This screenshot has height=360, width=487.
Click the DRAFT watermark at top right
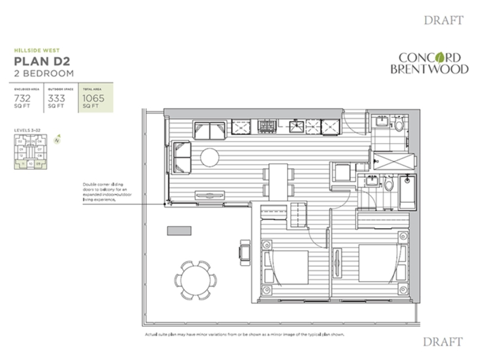[x=443, y=21]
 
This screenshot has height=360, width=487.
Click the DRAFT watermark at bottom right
[x=443, y=342]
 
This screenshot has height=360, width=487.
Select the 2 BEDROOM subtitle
[x=43, y=74]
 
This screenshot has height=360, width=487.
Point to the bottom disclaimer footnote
[x=244, y=334]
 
